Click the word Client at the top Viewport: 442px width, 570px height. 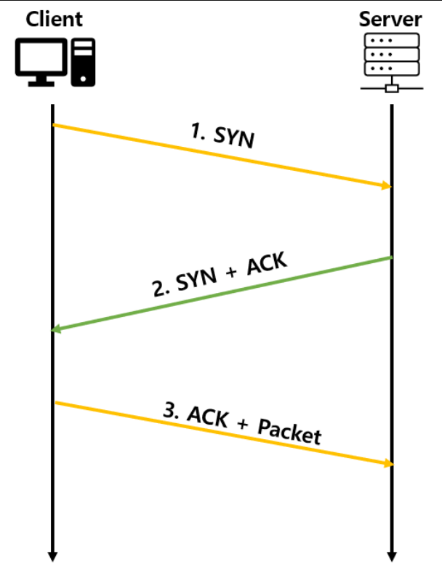pyautogui.click(x=54, y=18)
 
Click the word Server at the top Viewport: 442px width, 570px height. pyautogui.click(x=390, y=18)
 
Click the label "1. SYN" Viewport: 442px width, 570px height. pyautogui.click(x=222, y=135)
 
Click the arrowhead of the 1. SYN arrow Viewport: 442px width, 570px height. pyautogui.click(x=387, y=186)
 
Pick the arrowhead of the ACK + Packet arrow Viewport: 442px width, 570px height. pyautogui.click(x=387, y=463)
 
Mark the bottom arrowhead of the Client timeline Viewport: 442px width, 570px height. pyautogui.click(x=53, y=555)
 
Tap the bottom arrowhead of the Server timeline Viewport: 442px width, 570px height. pyautogui.click(x=392, y=555)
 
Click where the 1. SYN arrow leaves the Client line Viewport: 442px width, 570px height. pyautogui.click(x=54, y=125)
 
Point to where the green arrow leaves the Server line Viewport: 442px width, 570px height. pyautogui.click(x=391, y=257)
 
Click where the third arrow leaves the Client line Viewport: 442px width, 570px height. pyautogui.click(x=54, y=402)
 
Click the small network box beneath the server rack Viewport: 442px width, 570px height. pyautogui.click(x=391, y=89)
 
